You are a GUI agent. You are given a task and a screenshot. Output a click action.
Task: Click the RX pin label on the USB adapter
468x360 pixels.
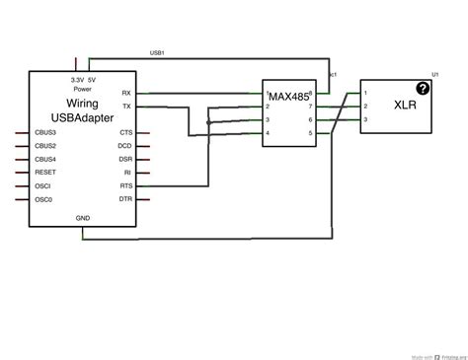125,93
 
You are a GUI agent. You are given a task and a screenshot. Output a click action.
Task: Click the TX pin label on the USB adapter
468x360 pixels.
125,106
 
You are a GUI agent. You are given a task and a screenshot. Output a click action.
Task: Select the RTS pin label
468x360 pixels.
125,185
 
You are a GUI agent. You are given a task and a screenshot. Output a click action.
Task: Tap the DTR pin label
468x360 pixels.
125,199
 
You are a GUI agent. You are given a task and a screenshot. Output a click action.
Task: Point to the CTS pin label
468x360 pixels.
125,132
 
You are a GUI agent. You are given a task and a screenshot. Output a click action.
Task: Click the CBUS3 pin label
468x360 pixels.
45,132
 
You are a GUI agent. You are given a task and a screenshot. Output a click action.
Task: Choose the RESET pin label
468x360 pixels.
44,173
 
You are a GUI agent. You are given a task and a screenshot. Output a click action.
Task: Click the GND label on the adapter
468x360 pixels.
82,217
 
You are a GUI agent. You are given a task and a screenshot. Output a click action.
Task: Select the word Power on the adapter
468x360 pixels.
83,89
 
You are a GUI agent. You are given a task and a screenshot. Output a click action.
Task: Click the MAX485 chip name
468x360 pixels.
288,97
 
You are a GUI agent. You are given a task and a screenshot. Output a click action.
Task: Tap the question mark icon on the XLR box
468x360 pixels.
424,88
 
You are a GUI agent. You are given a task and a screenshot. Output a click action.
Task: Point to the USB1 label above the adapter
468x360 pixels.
156,52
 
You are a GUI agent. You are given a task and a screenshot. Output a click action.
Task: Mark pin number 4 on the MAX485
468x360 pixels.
268,133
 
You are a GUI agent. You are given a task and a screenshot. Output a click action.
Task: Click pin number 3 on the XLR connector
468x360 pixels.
366,119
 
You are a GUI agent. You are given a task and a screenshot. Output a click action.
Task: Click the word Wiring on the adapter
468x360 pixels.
81,104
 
